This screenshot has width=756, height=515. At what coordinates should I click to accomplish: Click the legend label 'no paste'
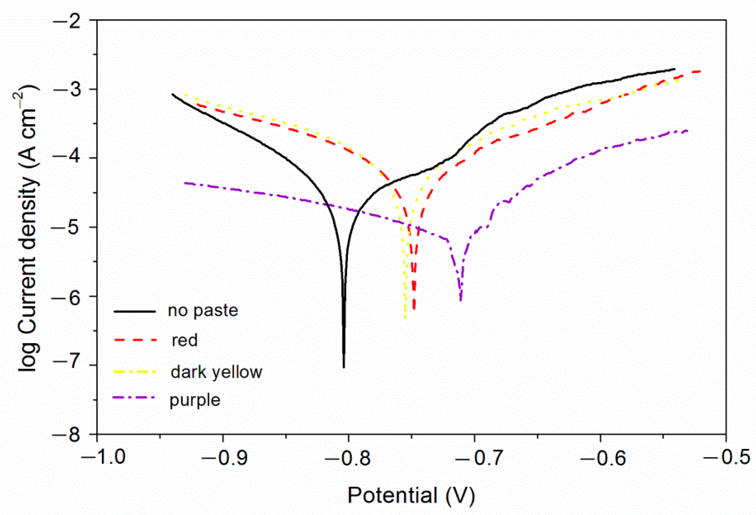[x=203, y=311]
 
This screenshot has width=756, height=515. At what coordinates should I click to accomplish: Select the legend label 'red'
[x=184, y=341]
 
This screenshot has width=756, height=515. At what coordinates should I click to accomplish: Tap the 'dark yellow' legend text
[x=216, y=372]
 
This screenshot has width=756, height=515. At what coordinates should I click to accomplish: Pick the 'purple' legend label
[x=195, y=400]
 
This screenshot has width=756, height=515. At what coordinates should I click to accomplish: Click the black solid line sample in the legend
[x=135, y=311]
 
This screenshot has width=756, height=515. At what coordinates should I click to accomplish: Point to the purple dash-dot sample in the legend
[x=135, y=397]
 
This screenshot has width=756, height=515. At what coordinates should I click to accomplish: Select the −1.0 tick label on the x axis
[x=104, y=457]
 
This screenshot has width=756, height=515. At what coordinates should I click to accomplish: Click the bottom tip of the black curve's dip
[x=344, y=367]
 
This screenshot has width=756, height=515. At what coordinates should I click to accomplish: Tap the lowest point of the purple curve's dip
[x=461, y=301]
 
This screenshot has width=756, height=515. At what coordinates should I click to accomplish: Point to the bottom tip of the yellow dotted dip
[x=405, y=318]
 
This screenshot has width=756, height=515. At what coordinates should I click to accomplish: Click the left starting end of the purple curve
[x=185, y=183]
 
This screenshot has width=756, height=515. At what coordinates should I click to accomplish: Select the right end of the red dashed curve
[x=699, y=71]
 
